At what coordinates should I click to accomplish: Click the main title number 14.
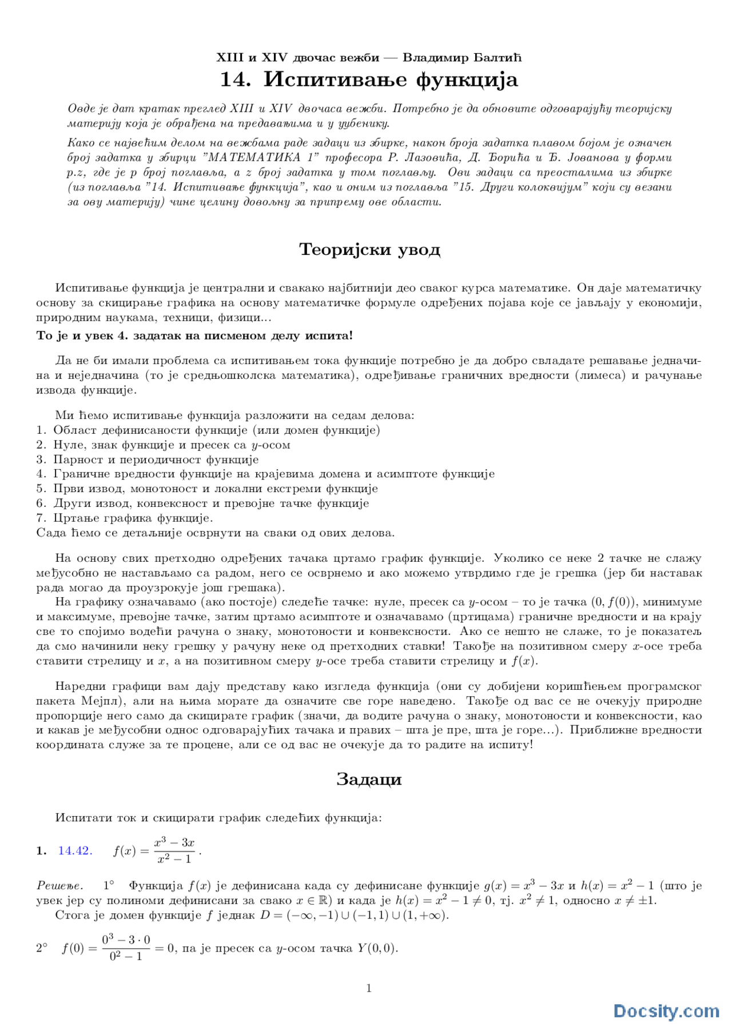[x=234, y=79]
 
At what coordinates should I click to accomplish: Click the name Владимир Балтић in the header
[x=462, y=58]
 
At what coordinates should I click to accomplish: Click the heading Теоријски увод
[x=369, y=250]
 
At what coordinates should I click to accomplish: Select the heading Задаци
[x=369, y=780]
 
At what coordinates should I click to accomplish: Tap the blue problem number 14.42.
[x=75, y=851]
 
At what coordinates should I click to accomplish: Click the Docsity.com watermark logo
[x=666, y=1011]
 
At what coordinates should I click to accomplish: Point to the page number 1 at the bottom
[x=369, y=988]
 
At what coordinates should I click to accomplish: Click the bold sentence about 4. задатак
[x=194, y=336]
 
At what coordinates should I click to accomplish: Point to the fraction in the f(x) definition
[x=174, y=851]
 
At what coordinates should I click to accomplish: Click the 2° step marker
[x=42, y=949]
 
